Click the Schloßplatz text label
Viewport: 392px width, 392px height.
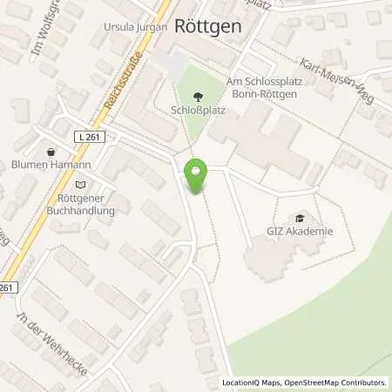coord(193,112)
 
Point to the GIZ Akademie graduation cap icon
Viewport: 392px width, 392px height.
coord(301,218)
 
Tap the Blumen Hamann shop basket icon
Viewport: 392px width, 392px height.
coord(51,152)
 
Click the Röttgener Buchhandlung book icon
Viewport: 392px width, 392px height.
coord(81,184)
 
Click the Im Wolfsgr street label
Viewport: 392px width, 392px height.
coord(44,33)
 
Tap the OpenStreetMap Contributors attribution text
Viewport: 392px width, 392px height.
coord(335,382)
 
